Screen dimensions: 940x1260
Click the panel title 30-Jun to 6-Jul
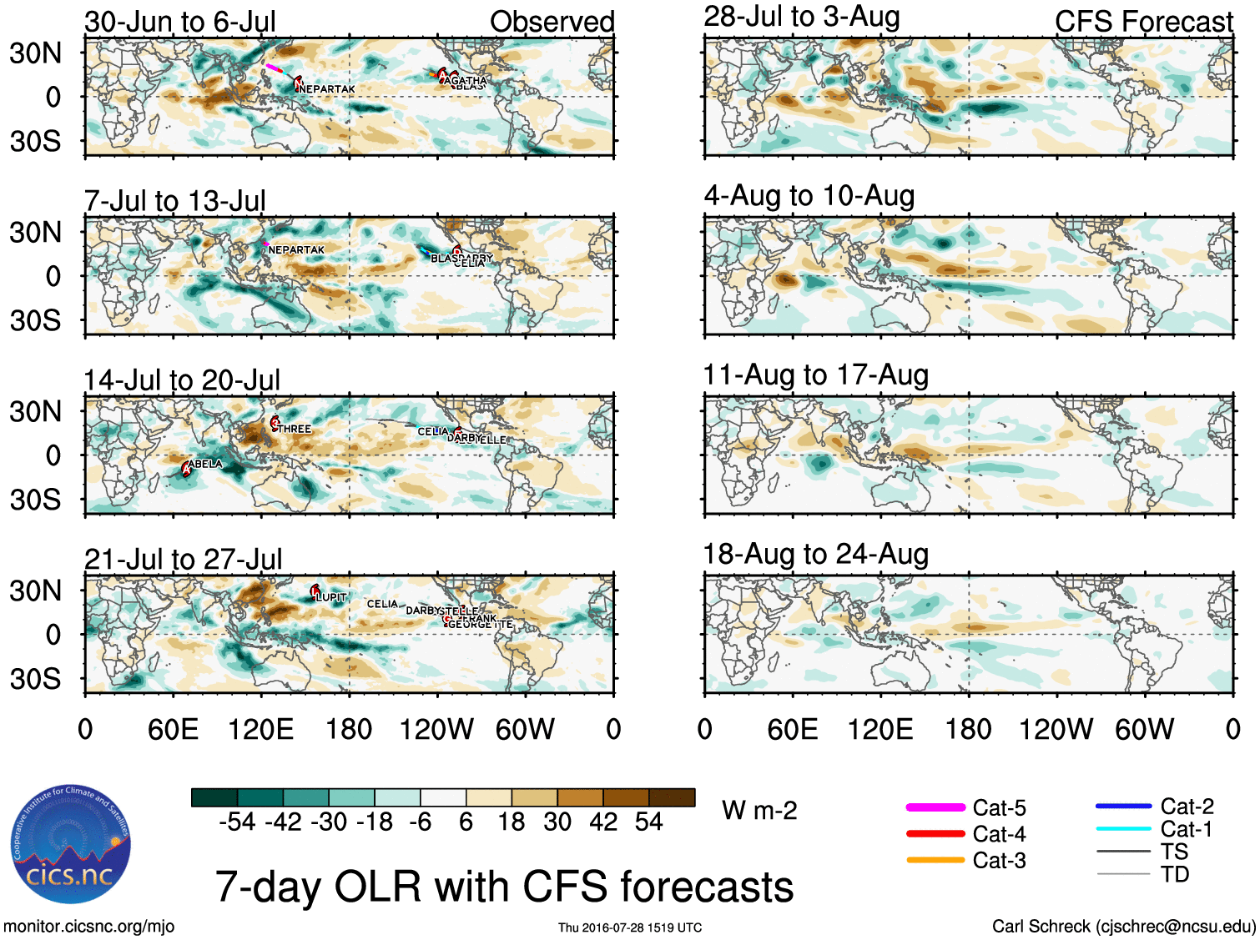(x=180, y=22)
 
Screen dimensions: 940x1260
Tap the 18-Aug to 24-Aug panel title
(x=815, y=554)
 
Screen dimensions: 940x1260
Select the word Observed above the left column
(x=552, y=22)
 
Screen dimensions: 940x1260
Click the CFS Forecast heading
(x=1143, y=22)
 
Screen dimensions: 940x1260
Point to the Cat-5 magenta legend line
(x=935, y=807)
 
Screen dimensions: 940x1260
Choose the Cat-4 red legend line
(x=935, y=833)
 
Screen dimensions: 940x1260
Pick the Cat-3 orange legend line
(x=935, y=860)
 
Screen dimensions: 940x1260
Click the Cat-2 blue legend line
(x=1123, y=806)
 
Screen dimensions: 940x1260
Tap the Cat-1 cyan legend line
(x=1123, y=829)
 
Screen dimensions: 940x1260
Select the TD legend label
(x=1174, y=874)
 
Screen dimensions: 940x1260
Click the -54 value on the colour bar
(x=237, y=822)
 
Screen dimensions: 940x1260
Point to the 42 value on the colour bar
(x=603, y=822)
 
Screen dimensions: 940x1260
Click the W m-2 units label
(x=759, y=811)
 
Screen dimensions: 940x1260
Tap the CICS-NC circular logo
(x=72, y=844)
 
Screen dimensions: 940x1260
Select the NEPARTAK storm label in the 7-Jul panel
(x=296, y=249)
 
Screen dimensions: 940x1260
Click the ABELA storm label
(x=205, y=464)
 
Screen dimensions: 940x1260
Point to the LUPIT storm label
(x=331, y=597)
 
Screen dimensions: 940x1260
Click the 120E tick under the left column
(x=260, y=730)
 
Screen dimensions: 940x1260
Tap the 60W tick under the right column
(x=1144, y=730)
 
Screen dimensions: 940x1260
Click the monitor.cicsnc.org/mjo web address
(x=88, y=926)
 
